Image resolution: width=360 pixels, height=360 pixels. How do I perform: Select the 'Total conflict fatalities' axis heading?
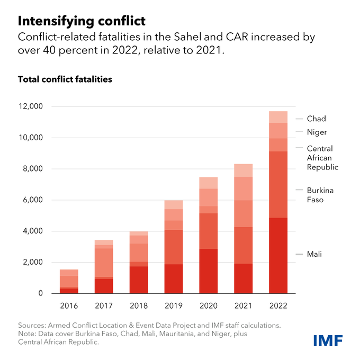tap(65, 79)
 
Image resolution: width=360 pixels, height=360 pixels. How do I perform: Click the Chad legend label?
tap(316, 119)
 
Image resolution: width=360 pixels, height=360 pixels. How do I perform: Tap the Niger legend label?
tap(317, 132)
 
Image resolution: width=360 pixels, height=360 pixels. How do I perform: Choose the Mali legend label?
tap(314, 254)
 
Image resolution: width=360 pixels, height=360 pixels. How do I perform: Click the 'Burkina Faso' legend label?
tap(320, 195)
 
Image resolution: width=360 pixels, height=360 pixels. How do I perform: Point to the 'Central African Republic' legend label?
tap(322, 158)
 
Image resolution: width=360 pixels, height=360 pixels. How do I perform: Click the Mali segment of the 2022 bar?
tap(278, 255)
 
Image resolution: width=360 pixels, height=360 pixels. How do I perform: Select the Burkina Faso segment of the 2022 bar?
tap(278, 184)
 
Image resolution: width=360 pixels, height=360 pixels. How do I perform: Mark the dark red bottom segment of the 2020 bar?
tap(209, 271)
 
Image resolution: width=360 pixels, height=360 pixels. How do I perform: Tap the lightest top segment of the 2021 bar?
tap(244, 170)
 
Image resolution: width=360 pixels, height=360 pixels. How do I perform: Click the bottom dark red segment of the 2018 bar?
tap(139, 280)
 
